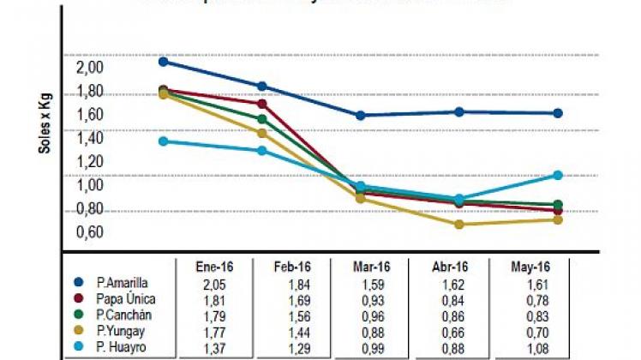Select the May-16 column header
tap(532, 266)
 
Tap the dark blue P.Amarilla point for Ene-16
tap(164, 62)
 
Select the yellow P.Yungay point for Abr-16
tap(459, 225)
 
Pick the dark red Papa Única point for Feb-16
tap(262, 104)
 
